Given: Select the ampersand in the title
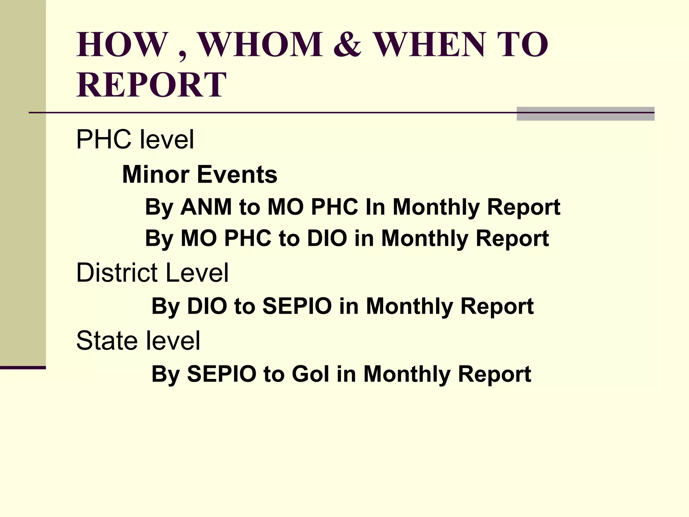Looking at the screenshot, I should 348,44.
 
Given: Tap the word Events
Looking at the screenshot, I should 237,174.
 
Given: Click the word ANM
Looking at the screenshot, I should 206,207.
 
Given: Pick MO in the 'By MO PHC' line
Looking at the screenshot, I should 198,238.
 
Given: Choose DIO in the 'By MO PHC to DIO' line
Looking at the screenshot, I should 327,238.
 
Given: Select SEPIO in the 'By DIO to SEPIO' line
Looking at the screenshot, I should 297,306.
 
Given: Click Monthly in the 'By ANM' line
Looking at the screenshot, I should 436,207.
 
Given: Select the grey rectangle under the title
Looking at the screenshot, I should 585,114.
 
